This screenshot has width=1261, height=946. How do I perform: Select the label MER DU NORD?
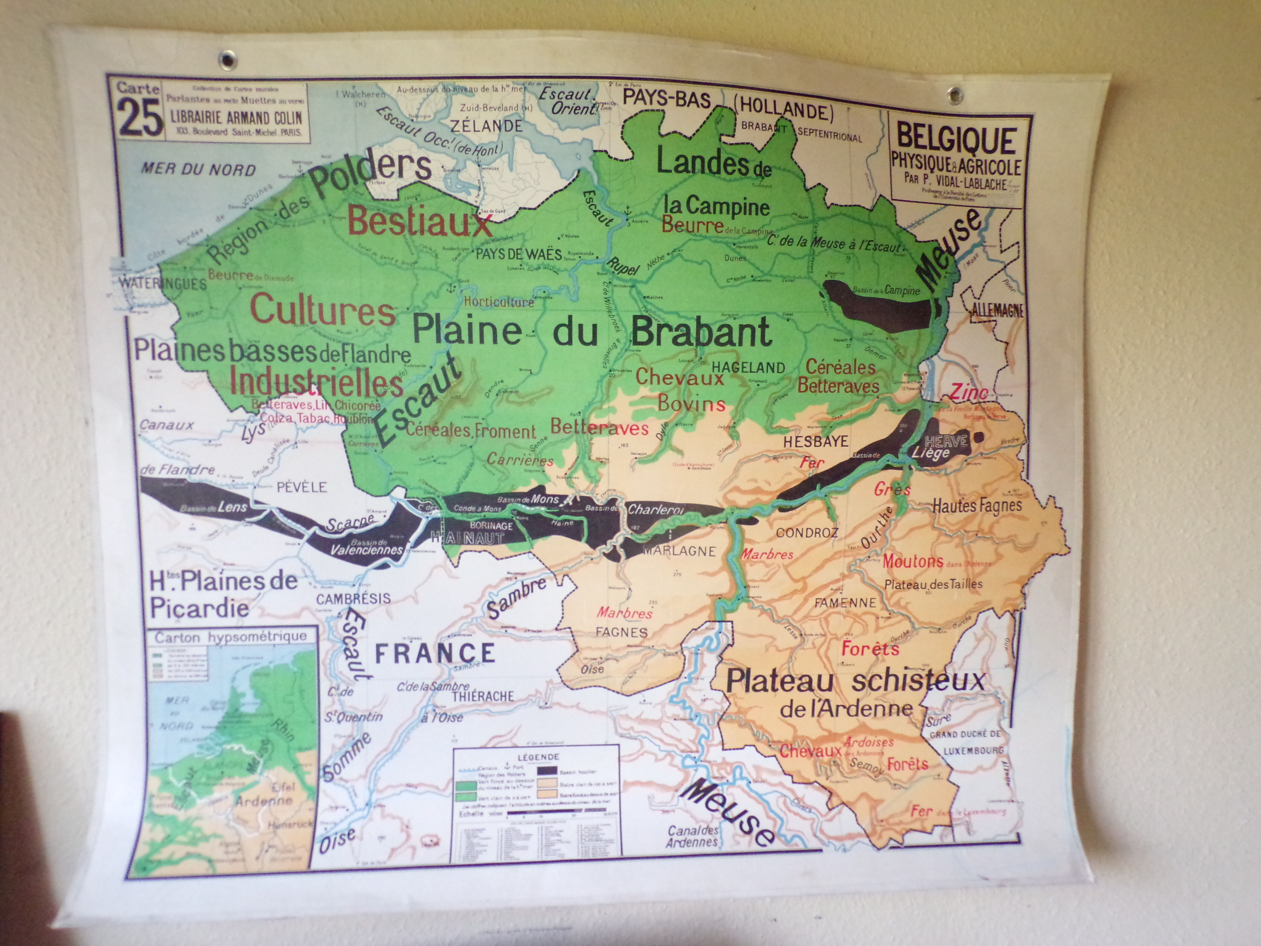198,169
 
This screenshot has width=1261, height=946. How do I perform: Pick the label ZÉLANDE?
486,126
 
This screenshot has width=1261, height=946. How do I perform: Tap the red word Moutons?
913,561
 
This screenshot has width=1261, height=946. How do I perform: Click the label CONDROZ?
807,533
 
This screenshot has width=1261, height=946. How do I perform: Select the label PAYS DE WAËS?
519,254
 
